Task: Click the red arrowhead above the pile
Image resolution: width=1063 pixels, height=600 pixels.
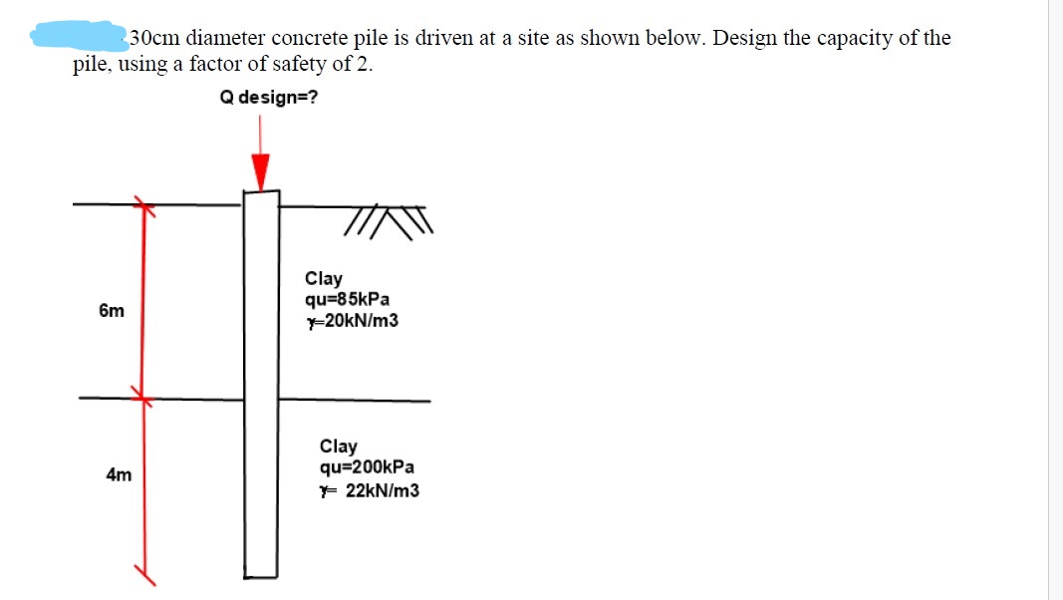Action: (x=261, y=171)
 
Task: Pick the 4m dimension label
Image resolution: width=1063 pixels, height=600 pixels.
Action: (x=119, y=475)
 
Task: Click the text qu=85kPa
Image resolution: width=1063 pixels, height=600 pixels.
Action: (x=348, y=299)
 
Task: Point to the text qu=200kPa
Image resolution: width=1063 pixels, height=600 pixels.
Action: (x=368, y=467)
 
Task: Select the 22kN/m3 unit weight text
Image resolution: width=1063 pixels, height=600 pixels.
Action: (x=381, y=490)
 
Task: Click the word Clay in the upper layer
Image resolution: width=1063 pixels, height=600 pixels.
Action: (x=324, y=279)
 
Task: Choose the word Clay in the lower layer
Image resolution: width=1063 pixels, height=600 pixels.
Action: (x=339, y=447)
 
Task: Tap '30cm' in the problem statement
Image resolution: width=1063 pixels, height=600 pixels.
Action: (x=155, y=39)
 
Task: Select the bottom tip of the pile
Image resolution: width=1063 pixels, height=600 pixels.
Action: (x=261, y=573)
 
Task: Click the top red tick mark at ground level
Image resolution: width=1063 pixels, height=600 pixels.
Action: (x=145, y=206)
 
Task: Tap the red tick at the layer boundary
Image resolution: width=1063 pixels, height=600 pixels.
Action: (x=142, y=399)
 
